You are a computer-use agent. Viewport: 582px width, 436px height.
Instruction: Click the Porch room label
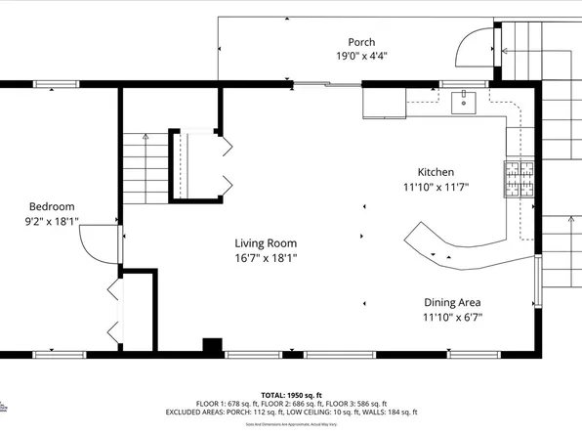pyautogui.click(x=361, y=42)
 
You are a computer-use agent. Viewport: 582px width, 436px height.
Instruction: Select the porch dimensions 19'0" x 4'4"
pyautogui.click(x=361, y=57)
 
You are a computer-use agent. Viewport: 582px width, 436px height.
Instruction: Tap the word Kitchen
pyautogui.click(x=436, y=171)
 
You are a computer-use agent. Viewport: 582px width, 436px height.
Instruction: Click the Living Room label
pyautogui.click(x=266, y=243)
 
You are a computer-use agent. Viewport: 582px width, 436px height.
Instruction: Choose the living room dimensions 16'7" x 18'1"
pyautogui.click(x=266, y=258)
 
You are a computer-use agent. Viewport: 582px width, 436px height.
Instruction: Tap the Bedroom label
pyautogui.click(x=52, y=206)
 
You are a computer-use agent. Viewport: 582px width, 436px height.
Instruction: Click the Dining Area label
pyautogui.click(x=451, y=302)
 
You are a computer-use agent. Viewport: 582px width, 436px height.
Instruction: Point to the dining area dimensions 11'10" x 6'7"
pyautogui.click(x=451, y=317)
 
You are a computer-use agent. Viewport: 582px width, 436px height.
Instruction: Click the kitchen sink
pyautogui.click(x=462, y=101)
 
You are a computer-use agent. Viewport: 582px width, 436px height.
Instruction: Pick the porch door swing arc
pyautogui.click(x=477, y=44)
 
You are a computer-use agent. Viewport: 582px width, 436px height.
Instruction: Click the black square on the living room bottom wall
pyautogui.click(x=211, y=345)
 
